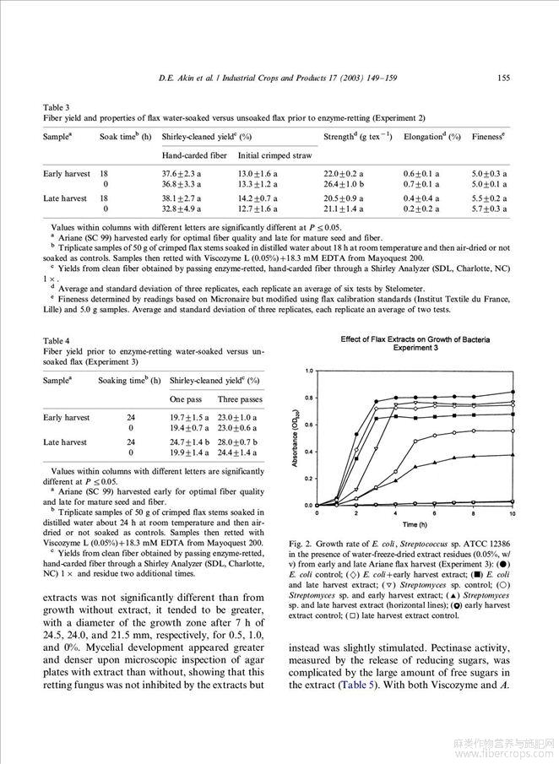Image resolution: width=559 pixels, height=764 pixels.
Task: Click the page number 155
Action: tap(503, 79)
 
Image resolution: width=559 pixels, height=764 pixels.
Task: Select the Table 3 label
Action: tap(57, 107)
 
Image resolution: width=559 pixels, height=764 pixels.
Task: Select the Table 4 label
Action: tap(57, 341)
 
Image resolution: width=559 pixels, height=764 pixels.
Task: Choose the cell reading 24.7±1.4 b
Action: tap(188, 442)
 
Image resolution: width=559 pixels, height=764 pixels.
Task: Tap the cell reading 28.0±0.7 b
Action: tap(236, 442)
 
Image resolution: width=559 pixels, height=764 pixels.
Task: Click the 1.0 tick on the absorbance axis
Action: tap(309, 371)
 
